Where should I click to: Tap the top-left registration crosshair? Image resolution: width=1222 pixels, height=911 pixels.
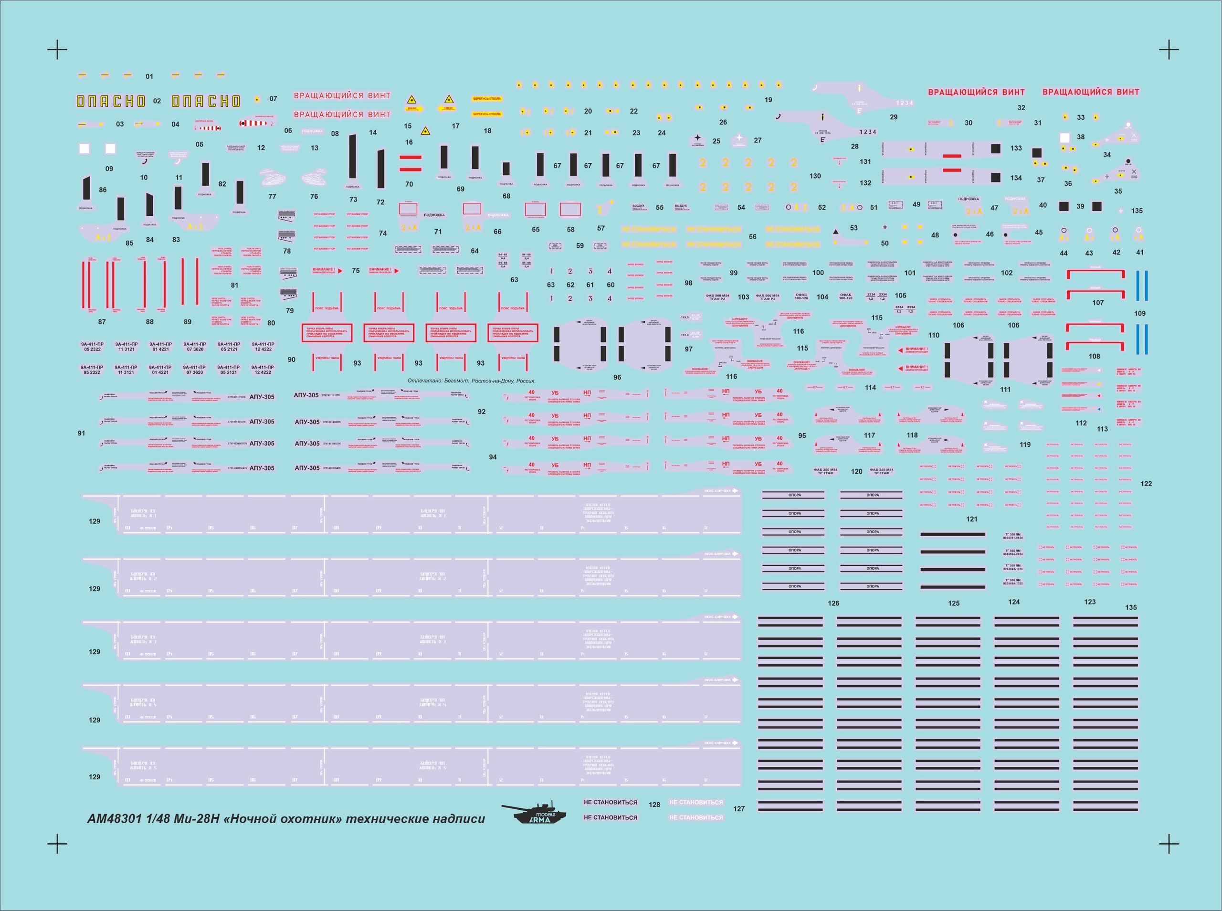click(x=57, y=50)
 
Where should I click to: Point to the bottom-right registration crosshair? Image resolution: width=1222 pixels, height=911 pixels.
click(x=1169, y=844)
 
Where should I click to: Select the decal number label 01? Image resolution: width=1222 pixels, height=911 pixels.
click(x=149, y=77)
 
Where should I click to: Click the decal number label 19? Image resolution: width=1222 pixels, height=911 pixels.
click(x=768, y=100)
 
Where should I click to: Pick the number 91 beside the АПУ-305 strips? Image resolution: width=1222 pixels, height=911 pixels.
click(x=82, y=434)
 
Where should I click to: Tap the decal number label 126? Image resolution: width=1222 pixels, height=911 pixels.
click(x=833, y=604)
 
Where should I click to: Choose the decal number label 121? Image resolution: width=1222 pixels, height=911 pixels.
click(x=972, y=519)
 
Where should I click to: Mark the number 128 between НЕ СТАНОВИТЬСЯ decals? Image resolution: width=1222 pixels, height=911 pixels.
click(x=654, y=805)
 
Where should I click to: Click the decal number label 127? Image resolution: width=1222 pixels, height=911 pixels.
click(x=738, y=808)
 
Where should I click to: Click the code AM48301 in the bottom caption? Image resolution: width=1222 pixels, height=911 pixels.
click(x=115, y=819)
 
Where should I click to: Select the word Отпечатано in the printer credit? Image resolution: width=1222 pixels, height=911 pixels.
click(x=424, y=381)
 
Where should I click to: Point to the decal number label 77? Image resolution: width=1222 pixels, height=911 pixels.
click(x=272, y=196)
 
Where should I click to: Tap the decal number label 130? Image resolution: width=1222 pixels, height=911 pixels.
click(x=815, y=176)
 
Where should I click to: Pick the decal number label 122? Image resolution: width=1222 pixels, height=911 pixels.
click(x=1146, y=484)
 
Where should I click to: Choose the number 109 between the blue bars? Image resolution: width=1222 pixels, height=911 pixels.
click(x=1140, y=313)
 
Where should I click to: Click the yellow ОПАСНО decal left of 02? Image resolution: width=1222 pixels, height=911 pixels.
click(x=111, y=101)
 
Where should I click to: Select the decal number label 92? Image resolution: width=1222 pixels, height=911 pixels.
click(x=482, y=412)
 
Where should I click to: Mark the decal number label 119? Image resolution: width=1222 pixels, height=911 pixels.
click(x=1025, y=445)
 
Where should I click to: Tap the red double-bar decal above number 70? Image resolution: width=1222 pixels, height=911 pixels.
click(x=410, y=163)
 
